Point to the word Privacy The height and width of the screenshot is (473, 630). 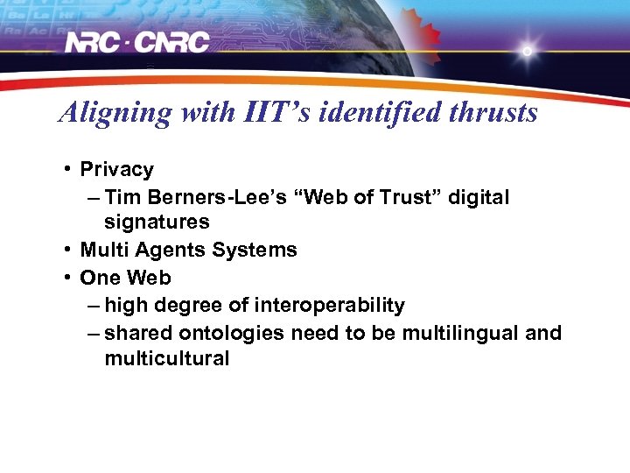click(x=116, y=170)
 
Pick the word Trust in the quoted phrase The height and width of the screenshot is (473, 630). click(x=413, y=198)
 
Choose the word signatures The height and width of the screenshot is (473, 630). click(x=157, y=222)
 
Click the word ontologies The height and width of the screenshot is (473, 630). click(x=232, y=334)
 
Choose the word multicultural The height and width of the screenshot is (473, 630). click(x=166, y=358)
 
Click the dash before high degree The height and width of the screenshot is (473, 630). click(x=94, y=307)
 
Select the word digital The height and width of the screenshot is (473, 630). click(x=479, y=198)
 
